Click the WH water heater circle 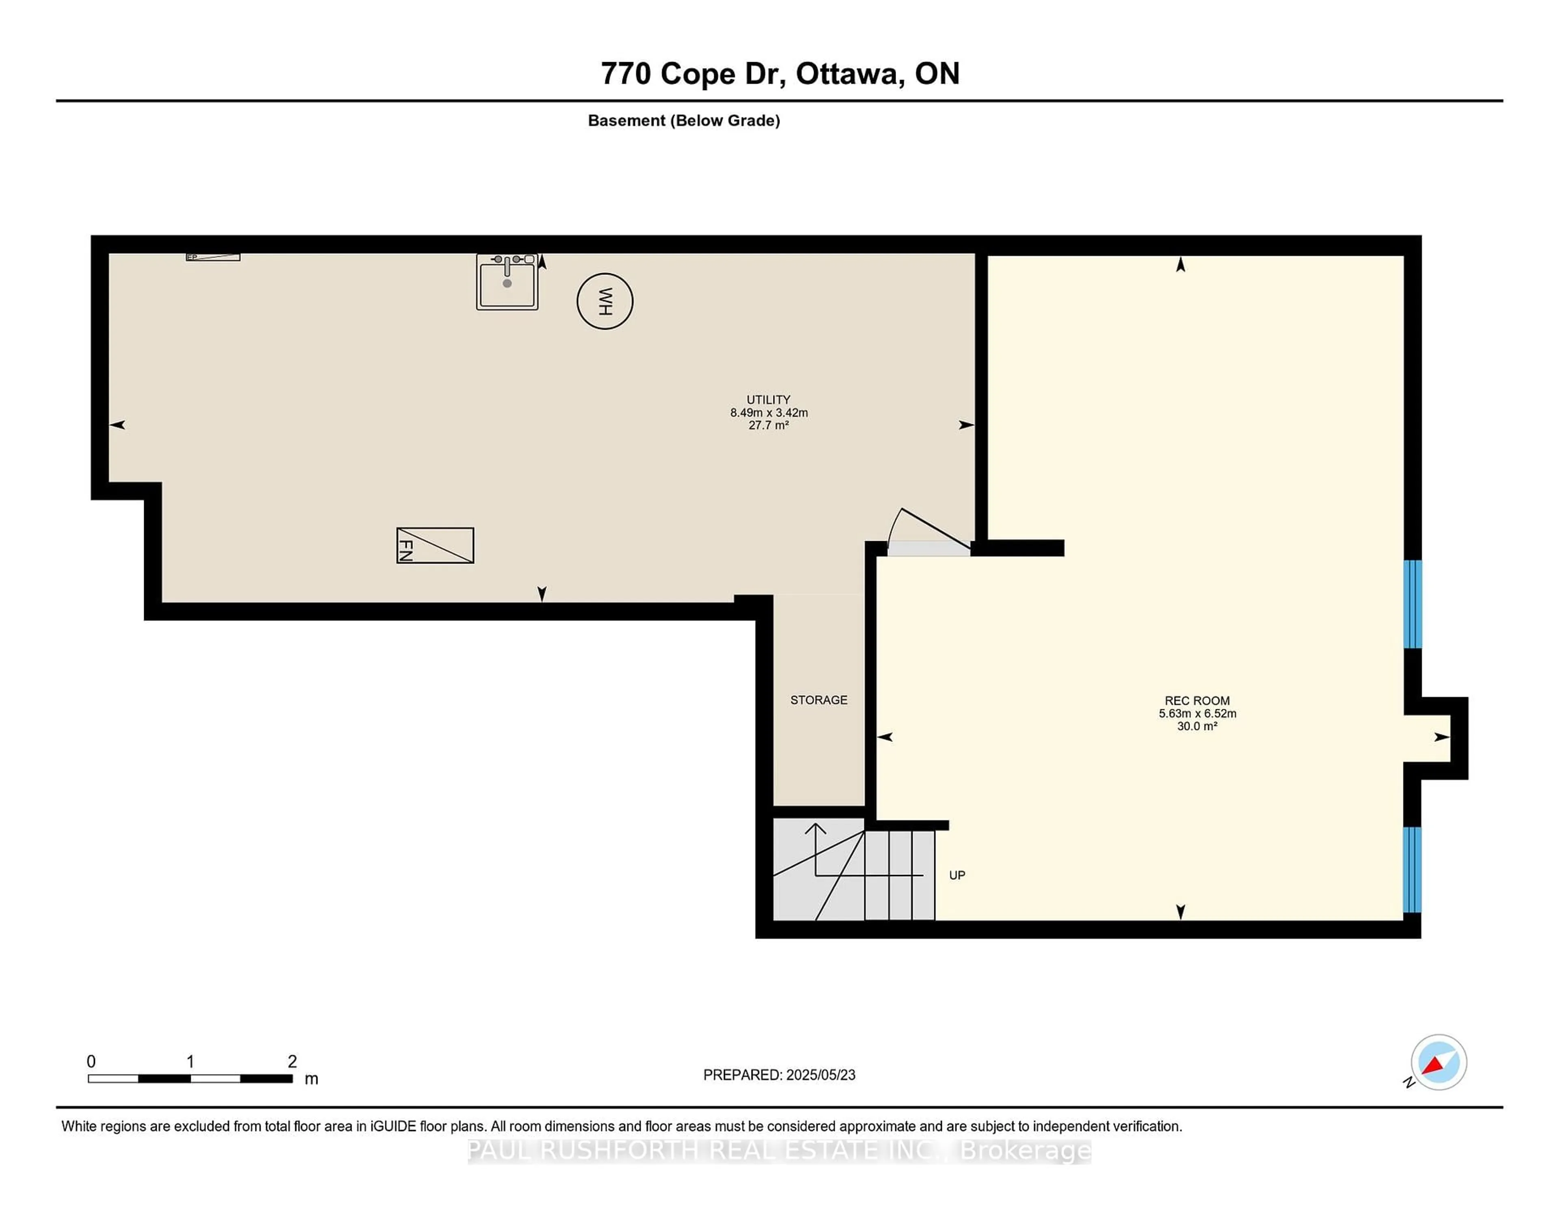605,301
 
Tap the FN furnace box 435,545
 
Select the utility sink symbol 507,282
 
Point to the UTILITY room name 768,400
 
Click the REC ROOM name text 1197,701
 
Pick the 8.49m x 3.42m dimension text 768,412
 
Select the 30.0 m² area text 1197,726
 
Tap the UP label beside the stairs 957,875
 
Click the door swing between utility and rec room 928,532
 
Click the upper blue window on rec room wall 1412,604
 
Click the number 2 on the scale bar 292,1062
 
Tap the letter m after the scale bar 311,1079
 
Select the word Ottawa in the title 846,73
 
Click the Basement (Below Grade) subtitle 683,121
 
